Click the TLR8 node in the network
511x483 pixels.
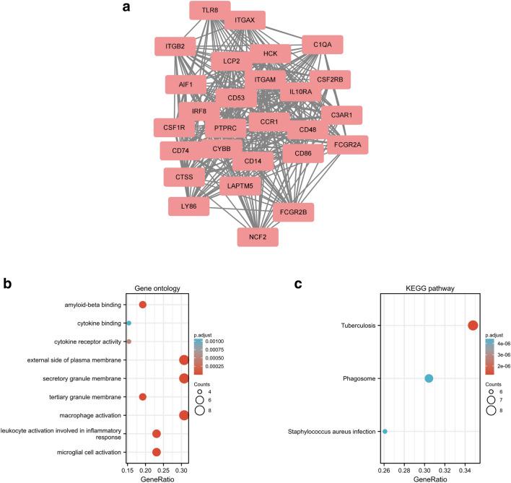point(209,11)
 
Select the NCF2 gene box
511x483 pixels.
point(258,236)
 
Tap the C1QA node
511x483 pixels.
point(322,45)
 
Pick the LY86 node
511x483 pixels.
point(188,207)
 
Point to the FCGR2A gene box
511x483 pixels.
point(347,145)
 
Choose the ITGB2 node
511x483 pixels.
point(175,47)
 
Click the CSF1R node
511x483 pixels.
point(174,129)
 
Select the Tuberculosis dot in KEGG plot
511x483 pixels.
point(473,326)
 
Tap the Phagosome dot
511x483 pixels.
point(429,378)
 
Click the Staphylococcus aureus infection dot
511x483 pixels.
point(385,432)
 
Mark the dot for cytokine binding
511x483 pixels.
point(128,323)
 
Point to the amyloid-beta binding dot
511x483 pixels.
point(142,305)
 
